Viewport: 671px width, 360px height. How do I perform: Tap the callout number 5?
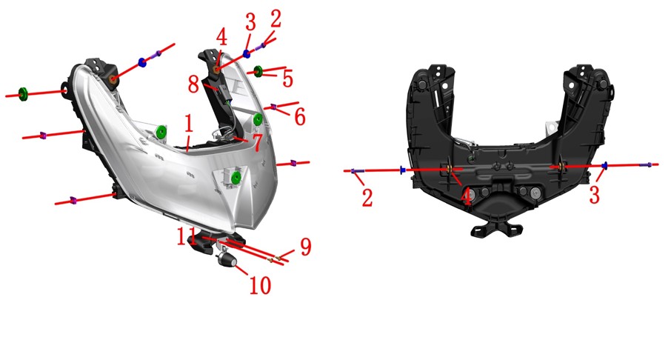[x=287, y=79]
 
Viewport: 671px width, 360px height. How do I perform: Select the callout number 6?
[x=299, y=116]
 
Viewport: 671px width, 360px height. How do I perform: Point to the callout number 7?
[x=257, y=142]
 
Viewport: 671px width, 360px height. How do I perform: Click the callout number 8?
[x=194, y=84]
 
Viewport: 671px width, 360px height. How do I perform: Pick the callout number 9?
[x=306, y=247]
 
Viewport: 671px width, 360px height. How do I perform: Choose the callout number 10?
[x=260, y=285]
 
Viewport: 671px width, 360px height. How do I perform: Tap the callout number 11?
[x=187, y=237]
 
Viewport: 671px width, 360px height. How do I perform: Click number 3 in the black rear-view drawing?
[x=594, y=195]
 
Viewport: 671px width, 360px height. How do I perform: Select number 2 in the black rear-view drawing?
[x=367, y=198]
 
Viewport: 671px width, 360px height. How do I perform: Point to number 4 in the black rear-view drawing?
[x=466, y=198]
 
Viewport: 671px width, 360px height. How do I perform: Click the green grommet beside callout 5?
[x=258, y=70]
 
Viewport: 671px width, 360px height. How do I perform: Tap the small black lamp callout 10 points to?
[x=227, y=259]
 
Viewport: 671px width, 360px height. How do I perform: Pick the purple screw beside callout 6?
[x=273, y=107]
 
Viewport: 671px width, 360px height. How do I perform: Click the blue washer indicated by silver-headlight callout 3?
[x=247, y=53]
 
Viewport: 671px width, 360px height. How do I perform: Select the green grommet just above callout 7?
[x=258, y=119]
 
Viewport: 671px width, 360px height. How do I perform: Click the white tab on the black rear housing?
[x=550, y=127]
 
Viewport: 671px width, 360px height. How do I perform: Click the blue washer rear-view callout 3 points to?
[x=604, y=166]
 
